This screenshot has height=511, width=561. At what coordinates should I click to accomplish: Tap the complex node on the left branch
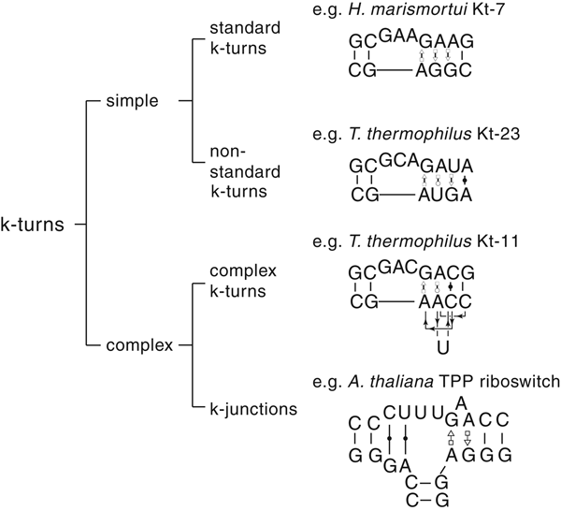140,346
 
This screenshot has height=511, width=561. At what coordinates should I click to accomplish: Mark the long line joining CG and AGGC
391,71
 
